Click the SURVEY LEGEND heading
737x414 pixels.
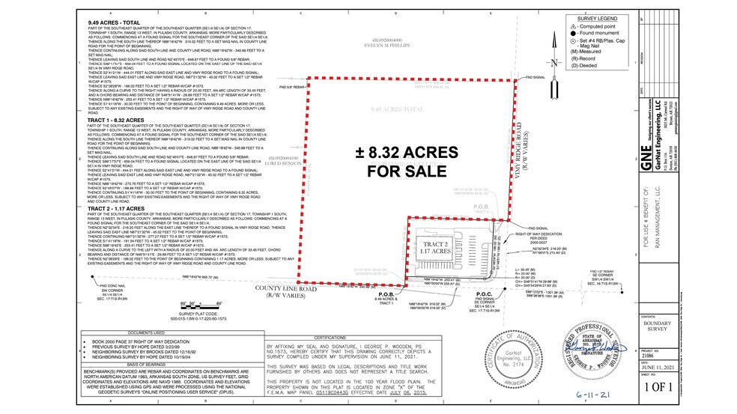click(x=597, y=17)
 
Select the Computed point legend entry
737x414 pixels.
click(x=597, y=25)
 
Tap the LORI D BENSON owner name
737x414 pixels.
click(x=283, y=162)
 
